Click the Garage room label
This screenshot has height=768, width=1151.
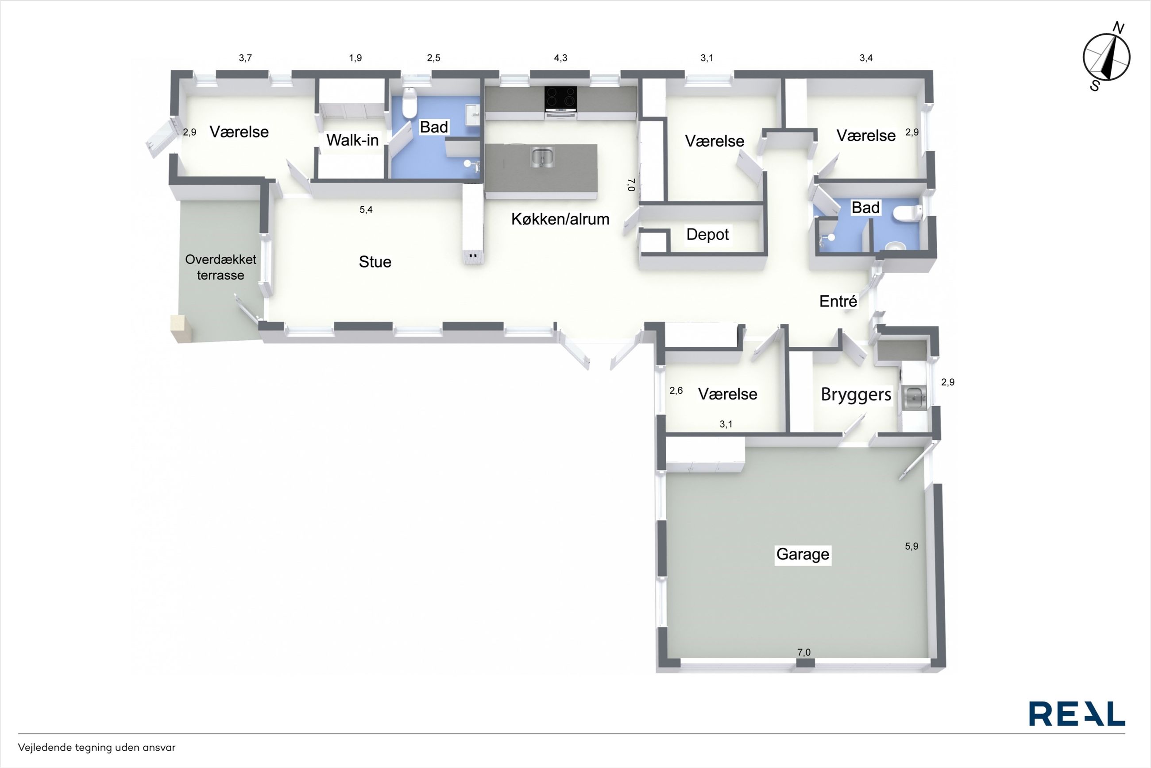[x=803, y=554]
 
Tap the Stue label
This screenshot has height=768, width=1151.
[x=375, y=262]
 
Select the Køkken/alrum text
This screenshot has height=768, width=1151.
[x=560, y=219]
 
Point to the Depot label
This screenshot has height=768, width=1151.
[x=707, y=235]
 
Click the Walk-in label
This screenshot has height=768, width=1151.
[x=352, y=140]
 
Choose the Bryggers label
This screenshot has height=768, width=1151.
[x=856, y=395]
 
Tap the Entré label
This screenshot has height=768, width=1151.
[x=838, y=301]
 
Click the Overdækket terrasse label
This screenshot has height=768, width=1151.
[x=220, y=267]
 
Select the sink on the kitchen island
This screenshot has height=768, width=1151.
[x=542, y=157]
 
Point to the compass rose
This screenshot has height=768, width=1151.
[x=1106, y=57]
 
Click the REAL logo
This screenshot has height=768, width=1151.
[x=1077, y=714]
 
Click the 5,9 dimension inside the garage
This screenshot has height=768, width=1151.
[x=912, y=546]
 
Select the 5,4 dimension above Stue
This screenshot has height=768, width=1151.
[x=366, y=209]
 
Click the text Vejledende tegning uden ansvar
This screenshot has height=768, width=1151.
[x=97, y=748]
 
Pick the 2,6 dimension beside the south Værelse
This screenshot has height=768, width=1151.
[x=676, y=390]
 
